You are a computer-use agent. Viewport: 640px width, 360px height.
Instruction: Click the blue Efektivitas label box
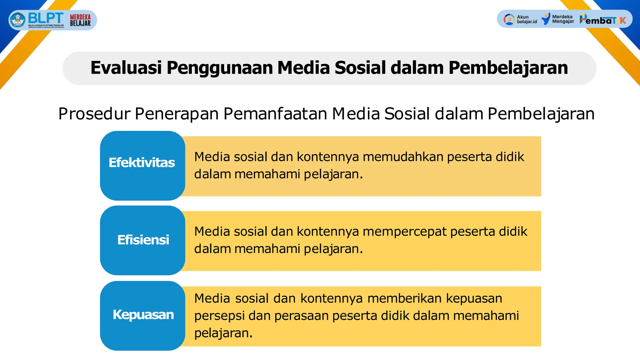(142, 165)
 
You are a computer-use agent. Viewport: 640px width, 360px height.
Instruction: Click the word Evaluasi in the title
(126, 68)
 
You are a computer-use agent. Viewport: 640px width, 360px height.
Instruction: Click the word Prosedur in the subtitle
(94, 114)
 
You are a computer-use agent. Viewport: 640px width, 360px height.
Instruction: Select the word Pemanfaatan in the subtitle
(275, 114)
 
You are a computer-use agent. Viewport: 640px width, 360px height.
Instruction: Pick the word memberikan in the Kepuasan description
(404, 298)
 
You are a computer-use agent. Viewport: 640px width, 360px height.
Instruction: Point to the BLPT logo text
(46, 18)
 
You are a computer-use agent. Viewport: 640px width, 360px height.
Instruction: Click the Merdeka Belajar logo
(80, 20)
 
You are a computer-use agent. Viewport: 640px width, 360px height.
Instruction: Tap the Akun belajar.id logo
(520, 19)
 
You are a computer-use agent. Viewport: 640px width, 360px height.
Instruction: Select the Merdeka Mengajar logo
(558, 19)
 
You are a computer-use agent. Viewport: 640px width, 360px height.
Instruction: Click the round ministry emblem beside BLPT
(18, 20)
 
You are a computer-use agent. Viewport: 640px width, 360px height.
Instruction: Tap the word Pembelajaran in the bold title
(508, 68)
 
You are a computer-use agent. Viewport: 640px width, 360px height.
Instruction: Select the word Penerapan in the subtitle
(177, 114)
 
